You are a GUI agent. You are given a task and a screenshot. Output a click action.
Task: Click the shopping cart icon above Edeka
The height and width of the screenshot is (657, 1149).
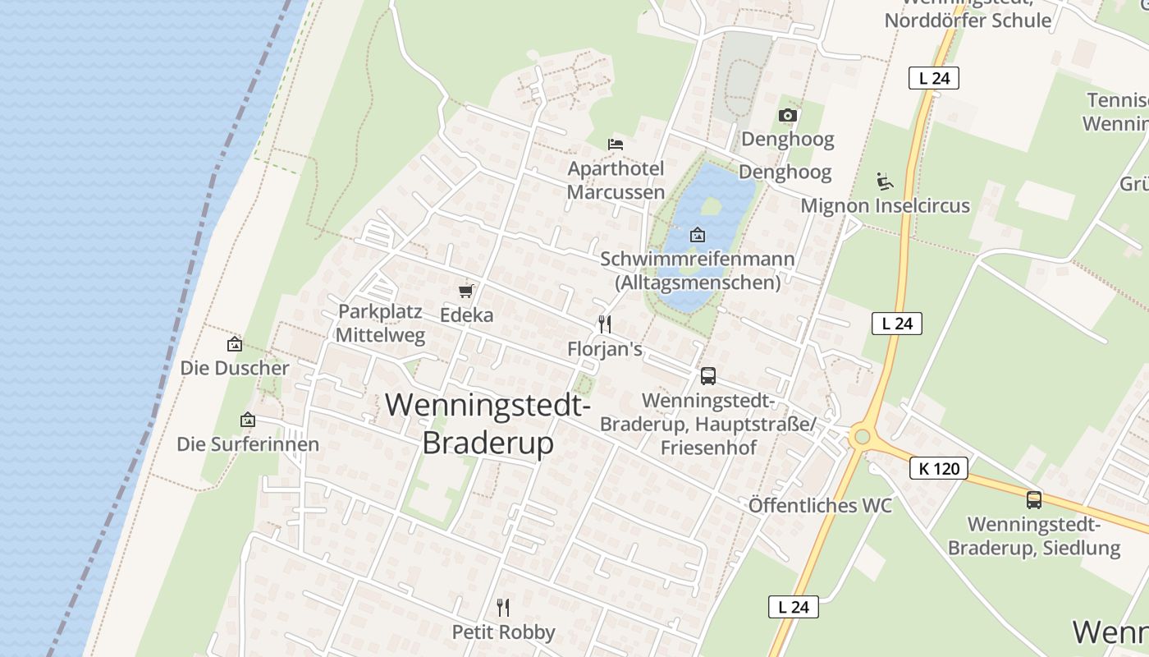pyautogui.click(x=466, y=291)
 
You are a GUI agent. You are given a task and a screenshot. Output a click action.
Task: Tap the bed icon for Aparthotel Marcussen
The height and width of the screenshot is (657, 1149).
pyautogui.click(x=616, y=144)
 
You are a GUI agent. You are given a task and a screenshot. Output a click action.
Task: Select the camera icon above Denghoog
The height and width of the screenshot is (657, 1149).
pyautogui.click(x=788, y=115)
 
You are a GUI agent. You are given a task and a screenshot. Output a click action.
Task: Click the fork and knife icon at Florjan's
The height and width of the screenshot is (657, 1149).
pyautogui.click(x=605, y=324)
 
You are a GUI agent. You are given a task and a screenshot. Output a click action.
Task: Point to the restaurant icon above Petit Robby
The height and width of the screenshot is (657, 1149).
pyautogui.click(x=503, y=608)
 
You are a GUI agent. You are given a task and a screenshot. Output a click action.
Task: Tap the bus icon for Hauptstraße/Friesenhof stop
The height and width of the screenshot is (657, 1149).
pyautogui.click(x=708, y=376)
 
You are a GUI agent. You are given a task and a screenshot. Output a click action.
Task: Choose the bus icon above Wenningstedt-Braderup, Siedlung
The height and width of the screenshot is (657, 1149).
pyautogui.click(x=1034, y=499)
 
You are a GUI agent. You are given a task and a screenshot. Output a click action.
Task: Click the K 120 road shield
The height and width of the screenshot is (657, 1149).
pyautogui.click(x=939, y=469)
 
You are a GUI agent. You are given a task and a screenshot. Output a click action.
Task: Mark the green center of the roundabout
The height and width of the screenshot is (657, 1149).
pyautogui.click(x=861, y=436)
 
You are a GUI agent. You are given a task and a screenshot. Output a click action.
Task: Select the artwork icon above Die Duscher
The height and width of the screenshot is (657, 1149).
pyautogui.click(x=235, y=344)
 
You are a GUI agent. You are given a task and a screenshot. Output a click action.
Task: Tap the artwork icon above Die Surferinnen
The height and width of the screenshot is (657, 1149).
pyautogui.click(x=248, y=420)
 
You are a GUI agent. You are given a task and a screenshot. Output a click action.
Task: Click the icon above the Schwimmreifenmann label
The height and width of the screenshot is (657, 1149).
pyautogui.click(x=698, y=235)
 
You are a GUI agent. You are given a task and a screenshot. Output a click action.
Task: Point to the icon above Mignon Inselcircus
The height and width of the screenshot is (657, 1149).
pyautogui.click(x=885, y=181)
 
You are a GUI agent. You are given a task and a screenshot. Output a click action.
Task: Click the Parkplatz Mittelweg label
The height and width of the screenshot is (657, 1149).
pyautogui.click(x=380, y=324)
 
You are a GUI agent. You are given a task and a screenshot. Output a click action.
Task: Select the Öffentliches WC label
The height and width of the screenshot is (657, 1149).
pyautogui.click(x=820, y=505)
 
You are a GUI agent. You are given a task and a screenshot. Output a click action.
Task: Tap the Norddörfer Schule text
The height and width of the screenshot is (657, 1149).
pyautogui.click(x=968, y=21)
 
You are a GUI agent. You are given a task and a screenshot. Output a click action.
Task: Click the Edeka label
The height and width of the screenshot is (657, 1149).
pyautogui.click(x=467, y=315)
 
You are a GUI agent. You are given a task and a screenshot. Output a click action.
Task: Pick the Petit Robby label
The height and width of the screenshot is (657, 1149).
pyautogui.click(x=504, y=632)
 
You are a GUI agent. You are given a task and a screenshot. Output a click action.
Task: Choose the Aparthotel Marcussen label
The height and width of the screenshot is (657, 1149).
pyautogui.click(x=616, y=180)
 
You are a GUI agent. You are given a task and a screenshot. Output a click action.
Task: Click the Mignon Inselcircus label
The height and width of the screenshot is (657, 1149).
pyautogui.click(x=885, y=205)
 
